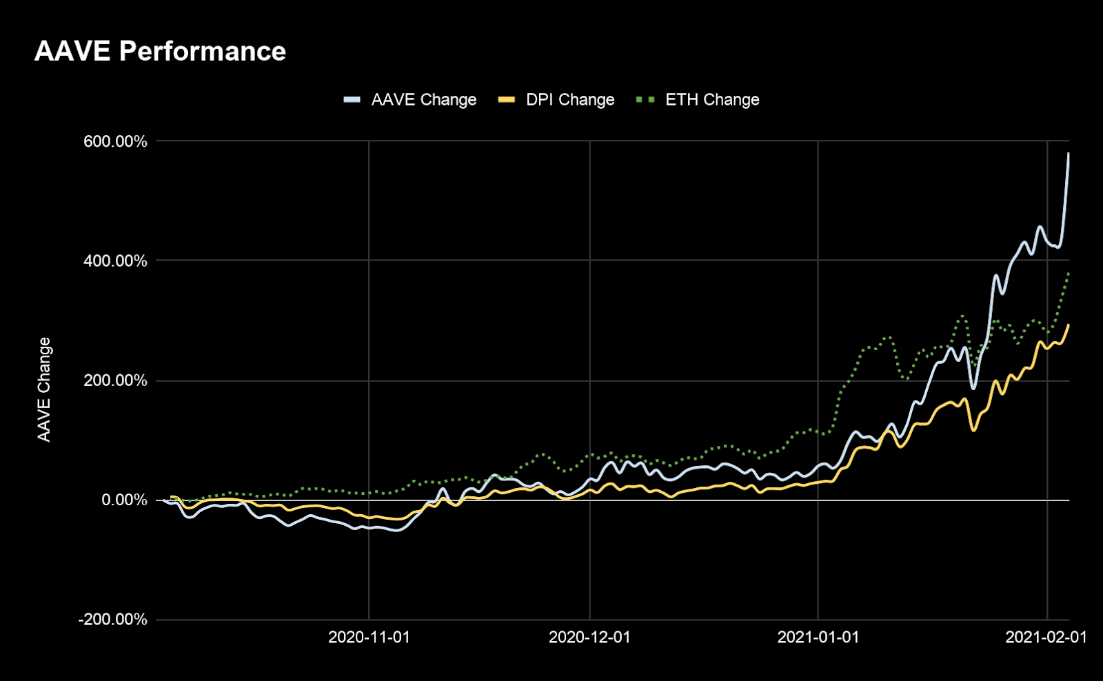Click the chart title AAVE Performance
pyautogui.click(x=160, y=52)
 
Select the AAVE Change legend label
pyautogui.click(x=423, y=100)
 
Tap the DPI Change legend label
pyautogui.click(x=570, y=100)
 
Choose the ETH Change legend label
pyautogui.click(x=712, y=100)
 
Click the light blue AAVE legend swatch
pyautogui.click(x=352, y=100)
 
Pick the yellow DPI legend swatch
pyautogui.click(x=507, y=100)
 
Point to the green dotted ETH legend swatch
pyautogui.click(x=645, y=100)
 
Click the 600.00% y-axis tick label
pyautogui.click(x=115, y=141)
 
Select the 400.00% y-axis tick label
pyautogui.click(x=115, y=261)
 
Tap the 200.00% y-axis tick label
pyautogui.click(x=115, y=380)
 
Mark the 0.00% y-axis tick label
pyautogui.click(x=124, y=500)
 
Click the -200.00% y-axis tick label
pyautogui.click(x=112, y=620)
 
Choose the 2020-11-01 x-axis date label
pyautogui.click(x=369, y=638)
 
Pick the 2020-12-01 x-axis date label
pyautogui.click(x=589, y=638)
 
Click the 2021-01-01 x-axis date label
pyautogui.click(x=818, y=638)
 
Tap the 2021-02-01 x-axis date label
pyautogui.click(x=1046, y=638)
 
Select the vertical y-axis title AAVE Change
pyautogui.click(x=44, y=389)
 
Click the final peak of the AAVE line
pyautogui.click(x=1069, y=154)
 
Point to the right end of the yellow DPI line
pyautogui.click(x=1069, y=325)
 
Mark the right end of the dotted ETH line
pyautogui.click(x=1069, y=273)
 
